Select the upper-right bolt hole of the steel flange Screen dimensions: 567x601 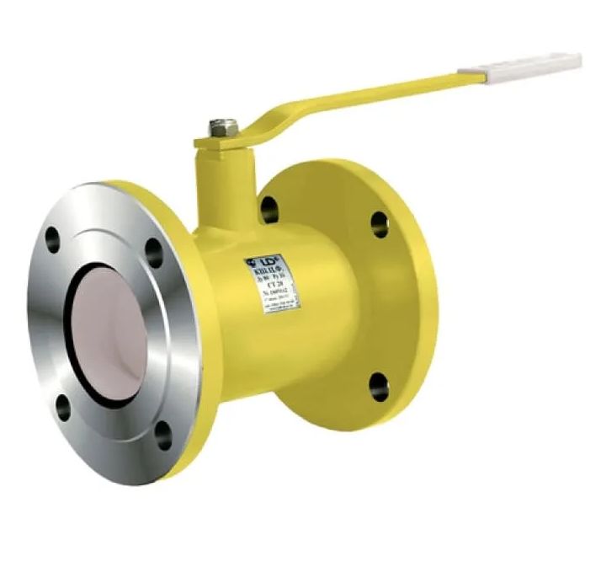click(152, 251)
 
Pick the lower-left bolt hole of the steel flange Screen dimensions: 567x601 click(63, 409)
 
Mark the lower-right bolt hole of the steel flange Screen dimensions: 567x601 click(163, 435)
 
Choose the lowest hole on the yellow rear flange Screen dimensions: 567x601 click(380, 386)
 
